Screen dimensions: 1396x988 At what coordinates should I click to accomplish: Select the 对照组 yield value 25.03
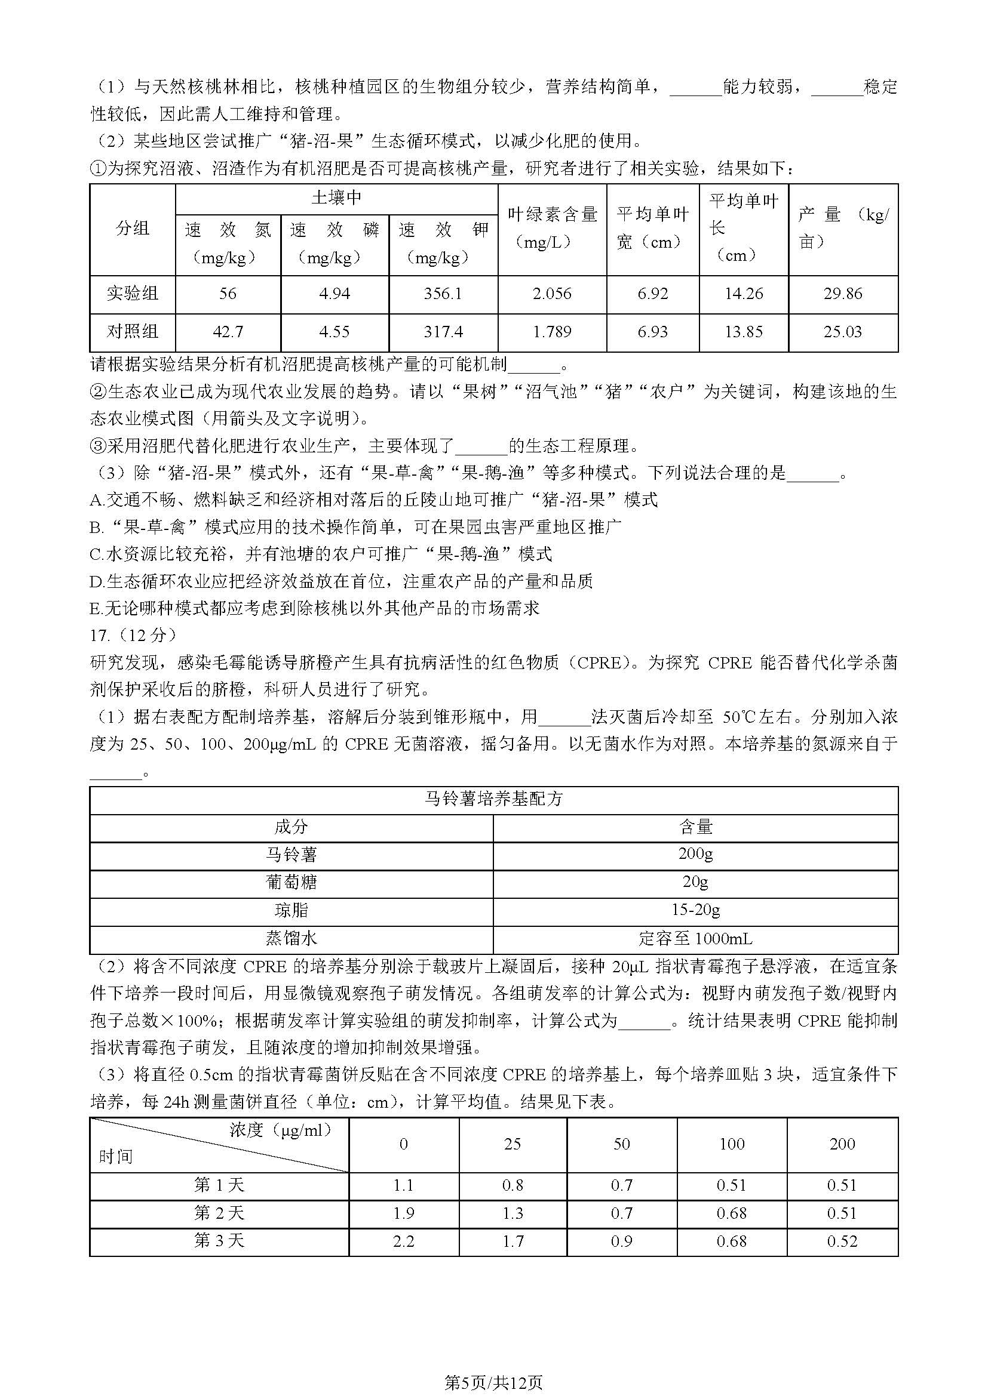click(x=843, y=332)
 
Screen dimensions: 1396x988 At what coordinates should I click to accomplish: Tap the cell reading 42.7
click(x=228, y=332)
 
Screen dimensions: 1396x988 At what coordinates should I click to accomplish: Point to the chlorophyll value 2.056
click(x=552, y=294)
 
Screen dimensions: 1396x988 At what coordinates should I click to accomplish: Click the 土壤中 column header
click(x=336, y=198)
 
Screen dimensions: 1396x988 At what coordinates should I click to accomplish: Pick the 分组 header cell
click(x=133, y=229)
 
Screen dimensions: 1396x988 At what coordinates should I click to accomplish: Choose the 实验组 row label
click(x=133, y=294)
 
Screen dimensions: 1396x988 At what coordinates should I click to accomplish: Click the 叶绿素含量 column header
click(x=552, y=214)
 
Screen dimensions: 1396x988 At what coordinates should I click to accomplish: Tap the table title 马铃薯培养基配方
click(x=493, y=800)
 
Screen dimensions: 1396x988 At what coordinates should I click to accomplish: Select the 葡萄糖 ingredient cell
click(x=292, y=882)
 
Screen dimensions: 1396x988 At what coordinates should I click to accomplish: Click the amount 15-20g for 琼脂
click(x=695, y=910)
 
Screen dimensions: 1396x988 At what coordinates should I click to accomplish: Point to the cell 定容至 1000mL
click(x=695, y=939)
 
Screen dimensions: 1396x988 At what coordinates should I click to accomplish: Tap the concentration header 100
click(x=731, y=1144)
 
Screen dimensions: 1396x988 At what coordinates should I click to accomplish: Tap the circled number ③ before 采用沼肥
click(x=98, y=446)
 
